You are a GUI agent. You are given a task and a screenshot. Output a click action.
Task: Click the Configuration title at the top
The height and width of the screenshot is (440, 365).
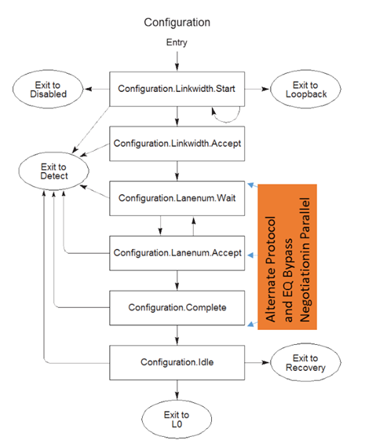tap(177, 23)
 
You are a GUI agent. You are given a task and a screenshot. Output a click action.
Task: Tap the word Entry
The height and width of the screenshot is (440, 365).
tap(177, 42)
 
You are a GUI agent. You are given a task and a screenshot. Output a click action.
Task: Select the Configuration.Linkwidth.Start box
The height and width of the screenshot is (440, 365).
tap(177, 89)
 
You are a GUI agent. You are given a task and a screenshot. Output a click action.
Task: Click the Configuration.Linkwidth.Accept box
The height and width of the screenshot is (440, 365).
tap(177, 144)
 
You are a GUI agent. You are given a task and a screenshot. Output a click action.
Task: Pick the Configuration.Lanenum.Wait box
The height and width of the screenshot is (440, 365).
tap(177, 198)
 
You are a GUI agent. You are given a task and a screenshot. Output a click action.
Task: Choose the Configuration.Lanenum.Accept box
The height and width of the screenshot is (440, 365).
tap(177, 253)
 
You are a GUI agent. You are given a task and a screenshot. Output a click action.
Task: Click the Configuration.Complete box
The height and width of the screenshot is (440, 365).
tap(177, 308)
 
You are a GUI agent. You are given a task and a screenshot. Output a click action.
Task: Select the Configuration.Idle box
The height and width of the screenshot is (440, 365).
tap(177, 362)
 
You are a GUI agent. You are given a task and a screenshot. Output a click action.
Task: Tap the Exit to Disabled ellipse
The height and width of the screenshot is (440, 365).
tap(48, 90)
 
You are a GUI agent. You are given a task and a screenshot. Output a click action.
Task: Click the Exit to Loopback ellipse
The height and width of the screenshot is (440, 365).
tap(305, 90)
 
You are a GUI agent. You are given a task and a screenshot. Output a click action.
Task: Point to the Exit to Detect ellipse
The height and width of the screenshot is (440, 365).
tap(54, 171)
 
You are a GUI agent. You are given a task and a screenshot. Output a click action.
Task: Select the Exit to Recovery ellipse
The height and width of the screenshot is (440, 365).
tap(305, 362)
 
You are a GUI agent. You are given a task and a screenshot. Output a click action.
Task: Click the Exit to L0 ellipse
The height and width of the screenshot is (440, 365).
tap(177, 420)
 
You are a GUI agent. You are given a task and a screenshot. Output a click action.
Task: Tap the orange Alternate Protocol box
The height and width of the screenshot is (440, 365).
tap(287, 257)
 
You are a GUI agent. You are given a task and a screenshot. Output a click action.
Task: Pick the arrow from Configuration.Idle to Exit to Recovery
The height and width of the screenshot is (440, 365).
tap(257, 362)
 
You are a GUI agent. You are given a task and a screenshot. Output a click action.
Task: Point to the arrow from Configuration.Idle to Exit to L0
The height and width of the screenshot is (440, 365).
tap(177, 390)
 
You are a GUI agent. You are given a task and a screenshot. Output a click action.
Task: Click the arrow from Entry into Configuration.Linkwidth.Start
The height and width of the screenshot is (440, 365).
tap(177, 61)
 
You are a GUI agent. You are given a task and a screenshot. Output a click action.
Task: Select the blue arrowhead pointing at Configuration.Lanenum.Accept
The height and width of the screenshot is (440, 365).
tap(251, 255)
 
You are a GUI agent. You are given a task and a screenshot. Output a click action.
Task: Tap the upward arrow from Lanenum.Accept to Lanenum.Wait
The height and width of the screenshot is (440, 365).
tap(193, 226)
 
